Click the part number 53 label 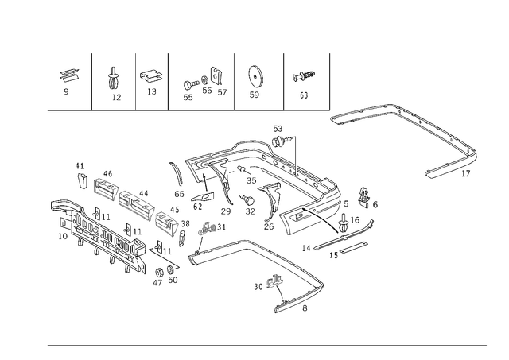278,129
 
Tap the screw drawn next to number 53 281,141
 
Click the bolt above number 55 190,85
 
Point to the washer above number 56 205,79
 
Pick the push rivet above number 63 304,76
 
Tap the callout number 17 465,174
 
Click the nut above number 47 159,272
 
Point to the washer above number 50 170,269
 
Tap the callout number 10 63,236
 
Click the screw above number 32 247,199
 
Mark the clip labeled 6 364,196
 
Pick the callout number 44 143,194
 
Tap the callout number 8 305,308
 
